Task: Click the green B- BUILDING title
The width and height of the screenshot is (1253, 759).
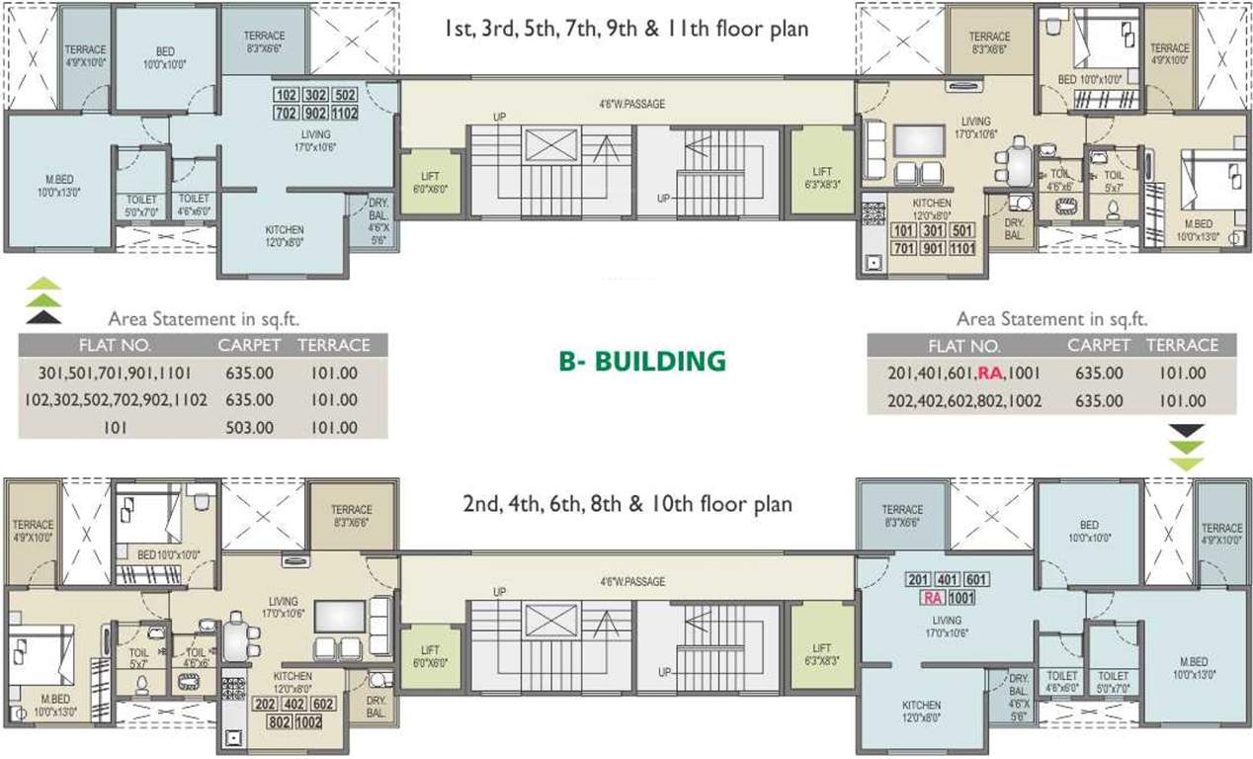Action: tap(642, 361)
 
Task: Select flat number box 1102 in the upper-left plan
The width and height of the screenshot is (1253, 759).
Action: tap(346, 113)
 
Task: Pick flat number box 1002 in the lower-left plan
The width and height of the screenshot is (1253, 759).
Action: tap(308, 721)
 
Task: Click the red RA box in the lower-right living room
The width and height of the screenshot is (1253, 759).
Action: tap(931, 597)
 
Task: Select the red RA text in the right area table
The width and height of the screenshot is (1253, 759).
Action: tap(990, 374)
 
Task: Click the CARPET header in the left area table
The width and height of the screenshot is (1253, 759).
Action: tap(249, 345)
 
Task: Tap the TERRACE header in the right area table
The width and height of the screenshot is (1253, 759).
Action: tap(1182, 345)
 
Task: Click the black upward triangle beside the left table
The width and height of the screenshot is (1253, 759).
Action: tap(43, 317)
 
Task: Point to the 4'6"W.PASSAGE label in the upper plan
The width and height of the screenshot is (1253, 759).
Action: tap(632, 102)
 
